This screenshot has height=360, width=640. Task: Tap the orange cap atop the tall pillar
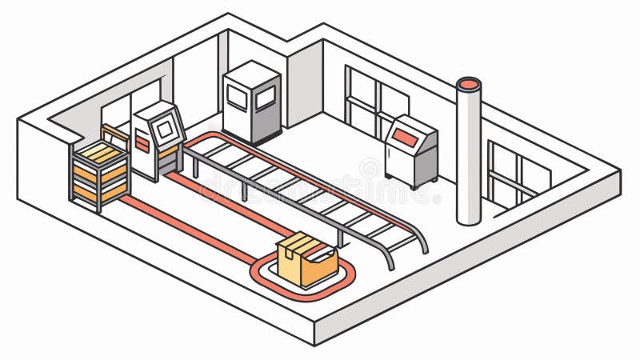(469, 83)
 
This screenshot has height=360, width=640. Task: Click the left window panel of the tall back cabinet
(238, 97)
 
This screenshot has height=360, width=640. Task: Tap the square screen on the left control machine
(164, 127)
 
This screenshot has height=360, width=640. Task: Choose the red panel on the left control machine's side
(142, 143)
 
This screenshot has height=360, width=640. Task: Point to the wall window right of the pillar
(516, 176)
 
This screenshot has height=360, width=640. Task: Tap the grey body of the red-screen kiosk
(410, 160)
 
